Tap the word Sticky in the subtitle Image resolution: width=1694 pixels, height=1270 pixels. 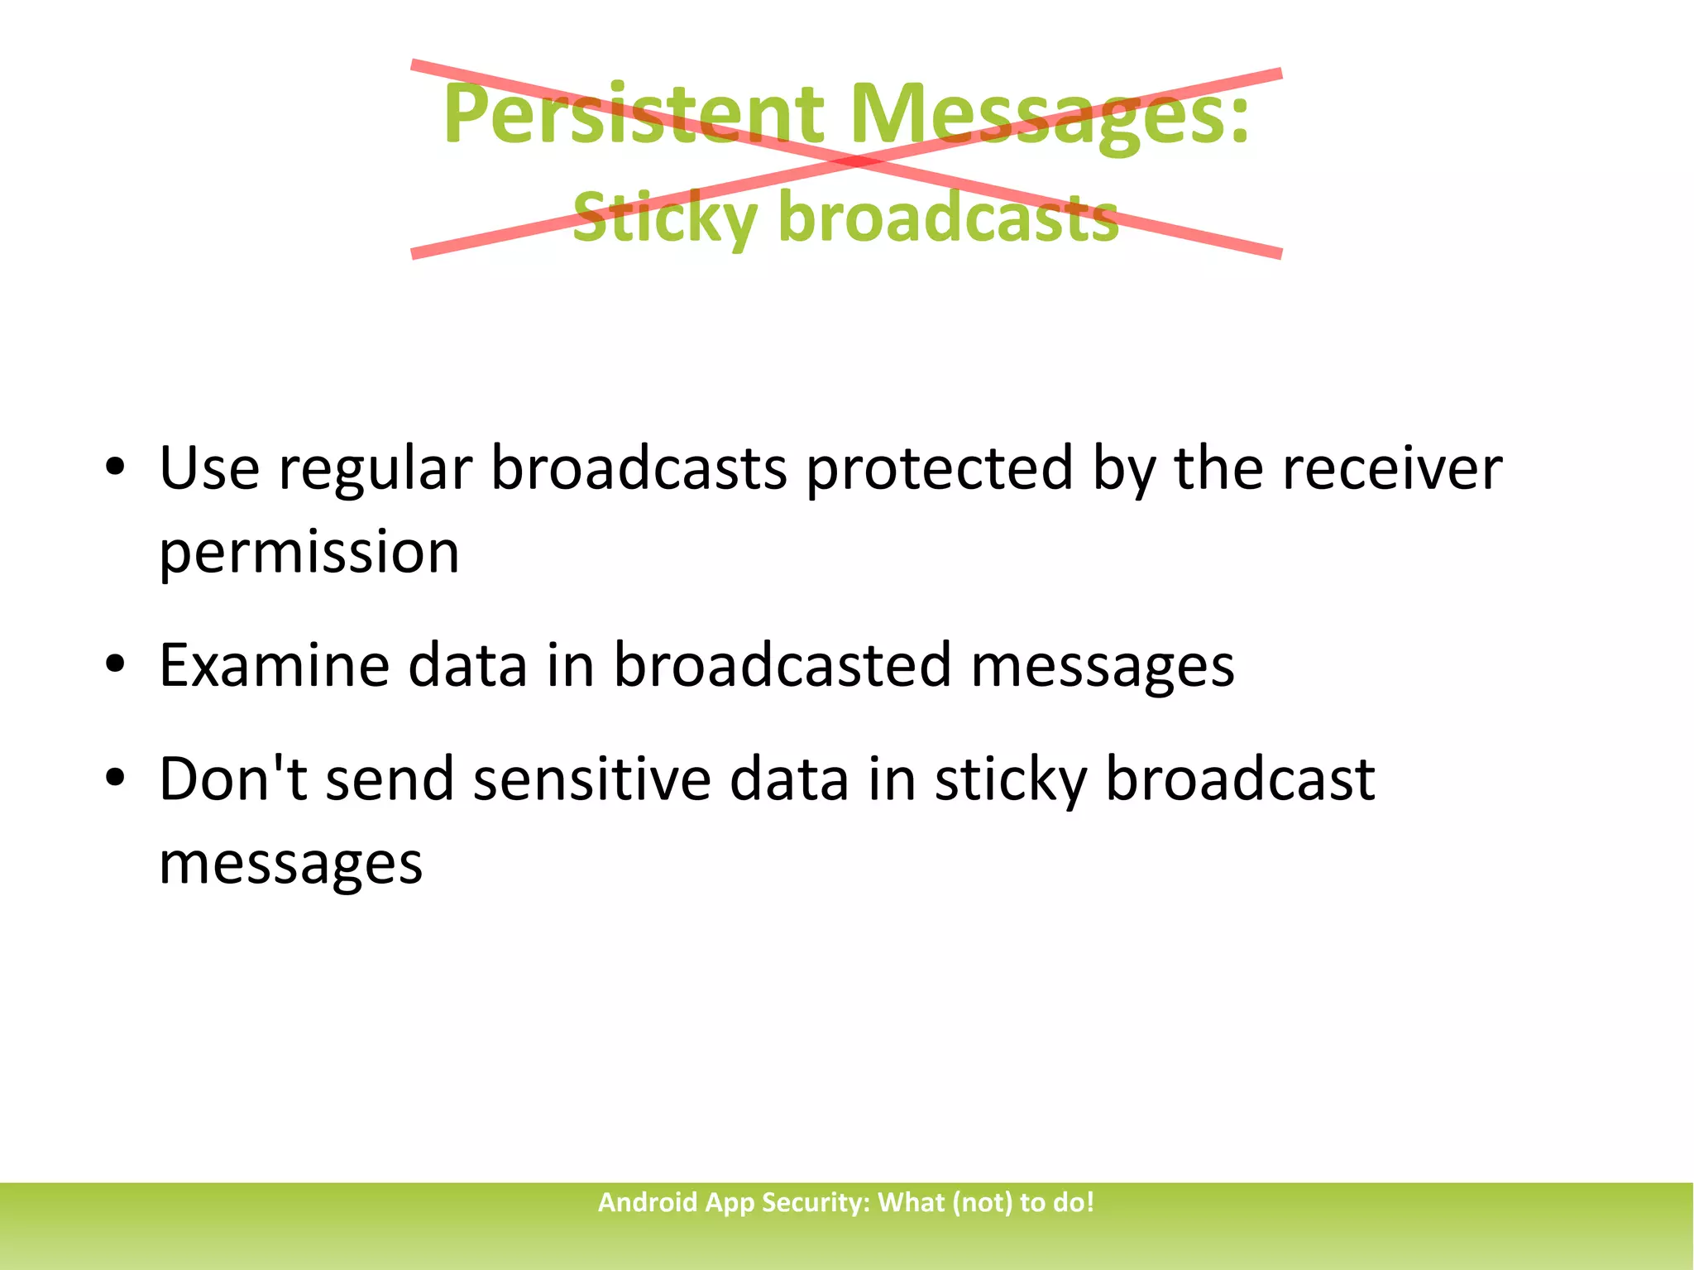tap(664, 217)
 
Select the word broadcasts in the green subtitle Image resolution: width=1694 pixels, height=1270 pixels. tap(948, 217)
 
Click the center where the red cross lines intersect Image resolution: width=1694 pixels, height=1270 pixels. tap(857, 160)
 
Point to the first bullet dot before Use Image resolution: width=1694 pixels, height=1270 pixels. tap(115, 467)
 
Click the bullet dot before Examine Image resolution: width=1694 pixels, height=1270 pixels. tap(115, 664)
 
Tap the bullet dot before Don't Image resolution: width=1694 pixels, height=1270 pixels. tap(115, 779)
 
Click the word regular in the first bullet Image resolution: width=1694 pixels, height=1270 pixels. tap(375, 470)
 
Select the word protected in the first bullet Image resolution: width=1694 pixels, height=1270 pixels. tap(939, 470)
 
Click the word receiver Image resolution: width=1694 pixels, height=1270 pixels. tap(1391, 468)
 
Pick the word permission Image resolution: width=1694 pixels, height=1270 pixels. tap(309, 554)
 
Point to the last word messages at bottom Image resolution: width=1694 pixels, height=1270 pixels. tap(290, 865)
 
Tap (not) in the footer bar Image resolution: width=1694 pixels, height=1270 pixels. tap(982, 1202)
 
